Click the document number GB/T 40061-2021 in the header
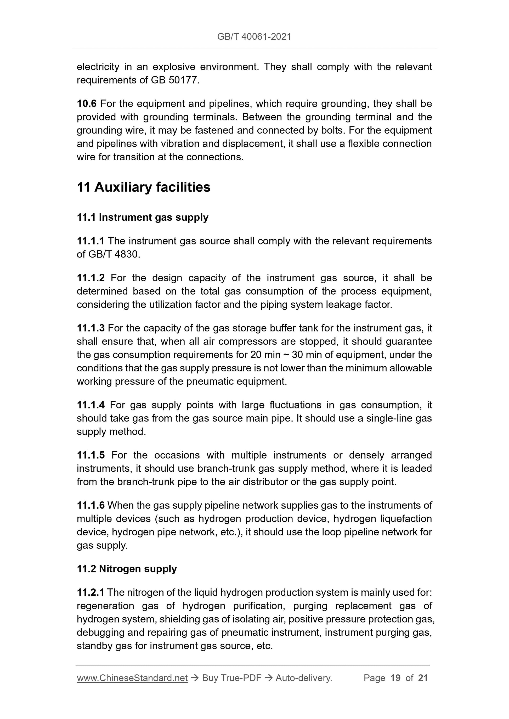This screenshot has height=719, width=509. point(254,37)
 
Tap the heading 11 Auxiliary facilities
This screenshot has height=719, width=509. point(144,187)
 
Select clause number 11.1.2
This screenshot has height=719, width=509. point(91,278)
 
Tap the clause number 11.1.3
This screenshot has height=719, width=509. point(91,328)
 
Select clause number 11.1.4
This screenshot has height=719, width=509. point(91,405)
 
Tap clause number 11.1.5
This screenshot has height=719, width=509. point(91,455)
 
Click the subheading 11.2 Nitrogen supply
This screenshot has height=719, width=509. point(127,569)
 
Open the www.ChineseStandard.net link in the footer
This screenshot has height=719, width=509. point(132,678)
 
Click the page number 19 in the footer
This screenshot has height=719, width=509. point(395,678)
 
